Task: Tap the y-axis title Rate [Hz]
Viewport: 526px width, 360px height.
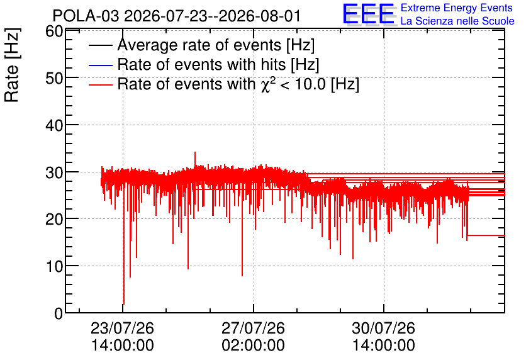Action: [12, 65]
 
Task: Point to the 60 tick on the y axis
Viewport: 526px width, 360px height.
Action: [54, 31]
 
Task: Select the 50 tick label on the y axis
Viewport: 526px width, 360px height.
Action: [54, 78]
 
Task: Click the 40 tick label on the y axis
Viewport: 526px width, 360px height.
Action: [54, 125]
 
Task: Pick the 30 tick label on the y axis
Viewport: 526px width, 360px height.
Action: [54, 172]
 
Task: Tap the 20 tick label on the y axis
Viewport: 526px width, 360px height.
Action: [54, 220]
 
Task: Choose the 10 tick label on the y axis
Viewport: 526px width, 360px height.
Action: [54, 266]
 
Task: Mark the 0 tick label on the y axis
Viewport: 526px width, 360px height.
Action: [59, 313]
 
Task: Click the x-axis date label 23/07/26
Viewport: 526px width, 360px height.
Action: [123, 328]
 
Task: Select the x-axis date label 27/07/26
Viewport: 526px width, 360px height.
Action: [254, 328]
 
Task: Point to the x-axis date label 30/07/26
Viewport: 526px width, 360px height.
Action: [383, 328]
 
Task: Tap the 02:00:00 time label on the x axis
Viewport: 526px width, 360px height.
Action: [254, 346]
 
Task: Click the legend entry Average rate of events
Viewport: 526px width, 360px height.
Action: [216, 45]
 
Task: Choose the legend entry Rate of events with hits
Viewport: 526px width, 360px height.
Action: [218, 64]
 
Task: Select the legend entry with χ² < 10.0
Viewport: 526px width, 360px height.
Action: [238, 84]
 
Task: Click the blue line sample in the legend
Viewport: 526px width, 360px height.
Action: [100, 65]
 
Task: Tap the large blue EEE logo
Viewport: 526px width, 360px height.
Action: [369, 14]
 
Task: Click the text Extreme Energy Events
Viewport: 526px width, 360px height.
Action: [457, 8]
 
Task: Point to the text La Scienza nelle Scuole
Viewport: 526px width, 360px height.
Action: [457, 21]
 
